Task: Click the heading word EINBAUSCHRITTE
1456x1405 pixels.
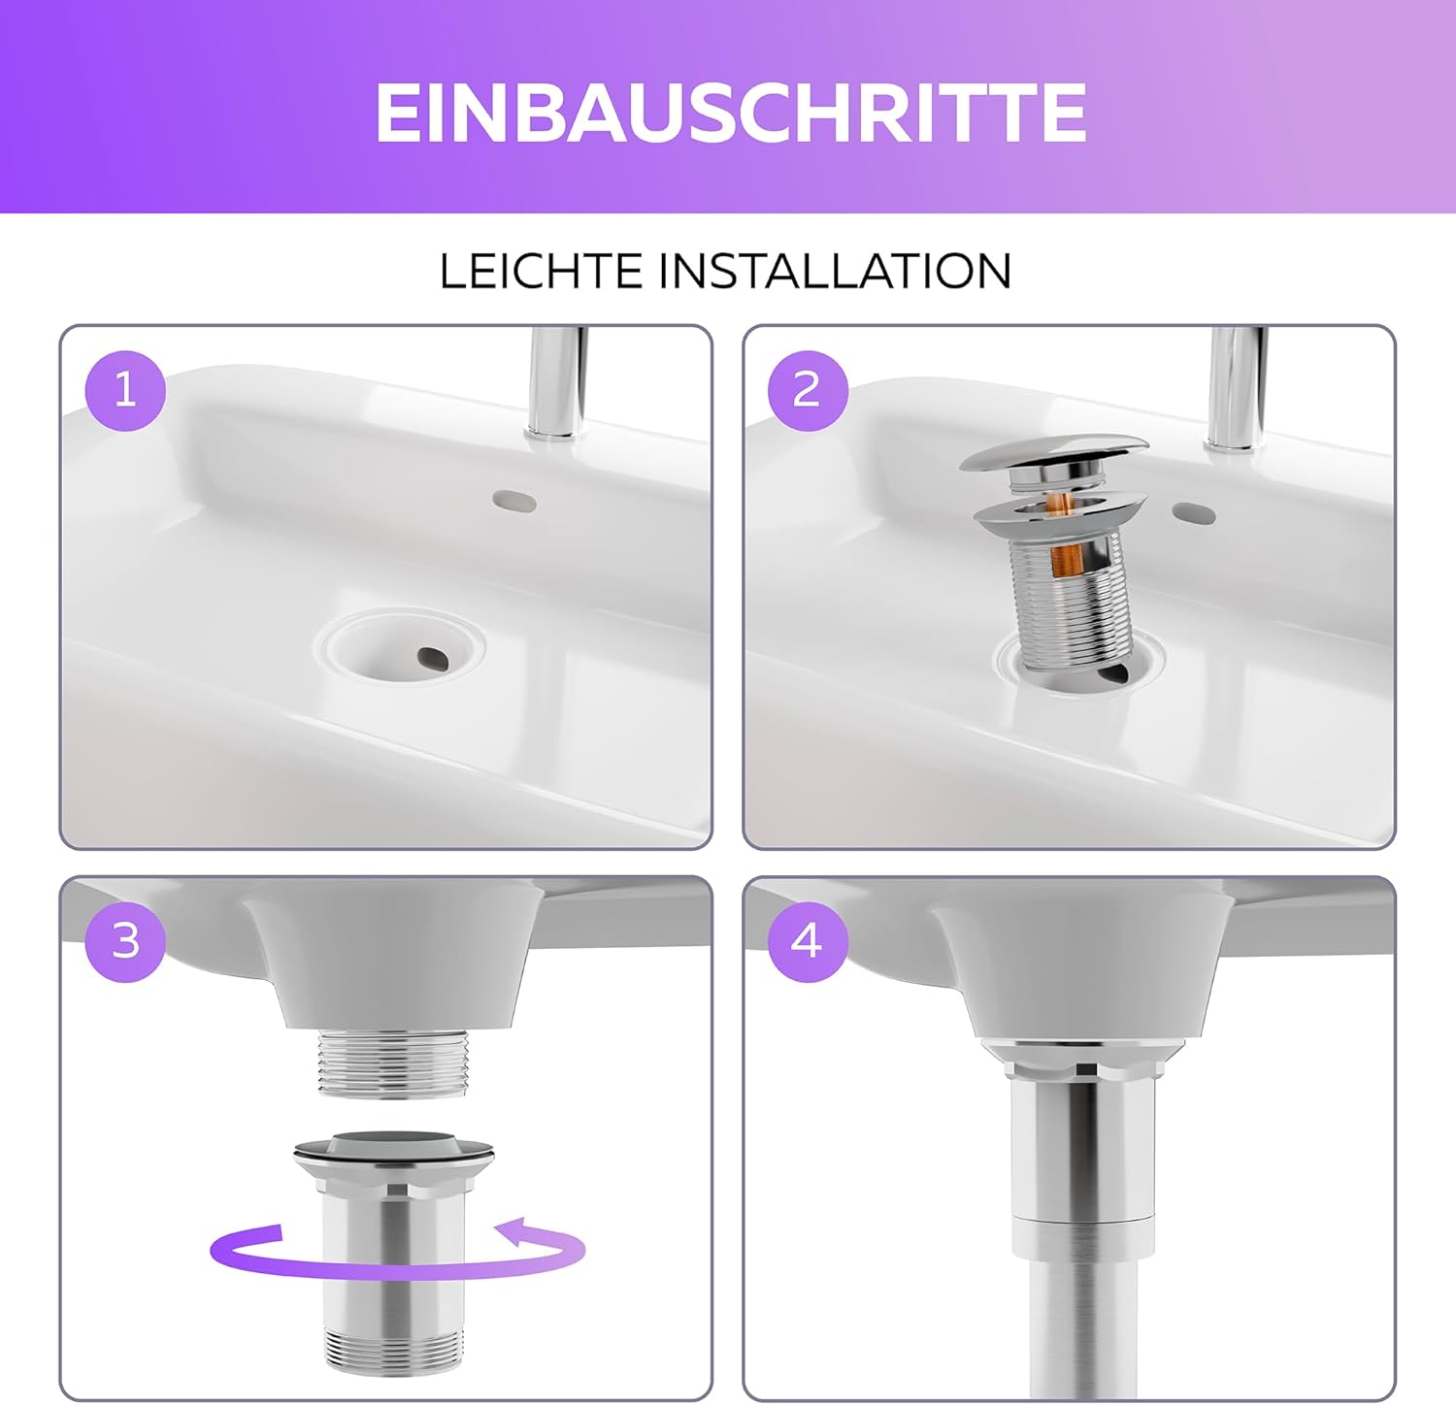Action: point(730,112)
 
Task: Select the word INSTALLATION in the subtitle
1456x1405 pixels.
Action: point(835,271)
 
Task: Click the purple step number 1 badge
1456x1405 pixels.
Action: point(125,390)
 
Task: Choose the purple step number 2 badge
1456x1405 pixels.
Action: point(808,390)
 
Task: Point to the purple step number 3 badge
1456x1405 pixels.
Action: point(125,941)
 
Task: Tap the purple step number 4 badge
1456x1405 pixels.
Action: point(808,941)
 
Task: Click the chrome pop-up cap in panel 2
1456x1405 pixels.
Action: point(1054,453)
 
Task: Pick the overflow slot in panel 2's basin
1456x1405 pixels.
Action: point(1194,511)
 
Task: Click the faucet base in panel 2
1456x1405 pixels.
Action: point(1234,439)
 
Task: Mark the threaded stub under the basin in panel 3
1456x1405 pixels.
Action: point(393,1064)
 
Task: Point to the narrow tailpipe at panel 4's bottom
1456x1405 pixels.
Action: point(1082,1329)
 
